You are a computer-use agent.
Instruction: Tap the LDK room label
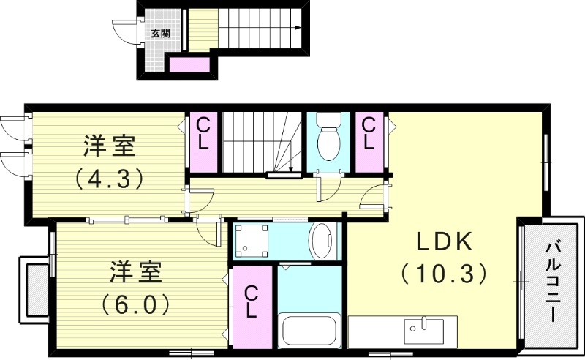pos(446,241)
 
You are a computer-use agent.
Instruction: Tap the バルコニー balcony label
pos(552,286)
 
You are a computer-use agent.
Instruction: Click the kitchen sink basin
pos(424,327)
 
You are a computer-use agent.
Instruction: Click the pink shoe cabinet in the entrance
pos(190,66)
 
